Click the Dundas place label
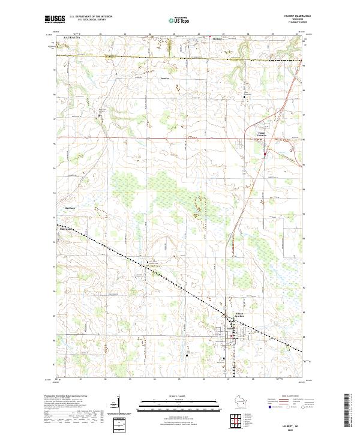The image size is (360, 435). (164, 78)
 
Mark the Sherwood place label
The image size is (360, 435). (66, 229)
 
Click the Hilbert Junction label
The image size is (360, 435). (240, 314)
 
